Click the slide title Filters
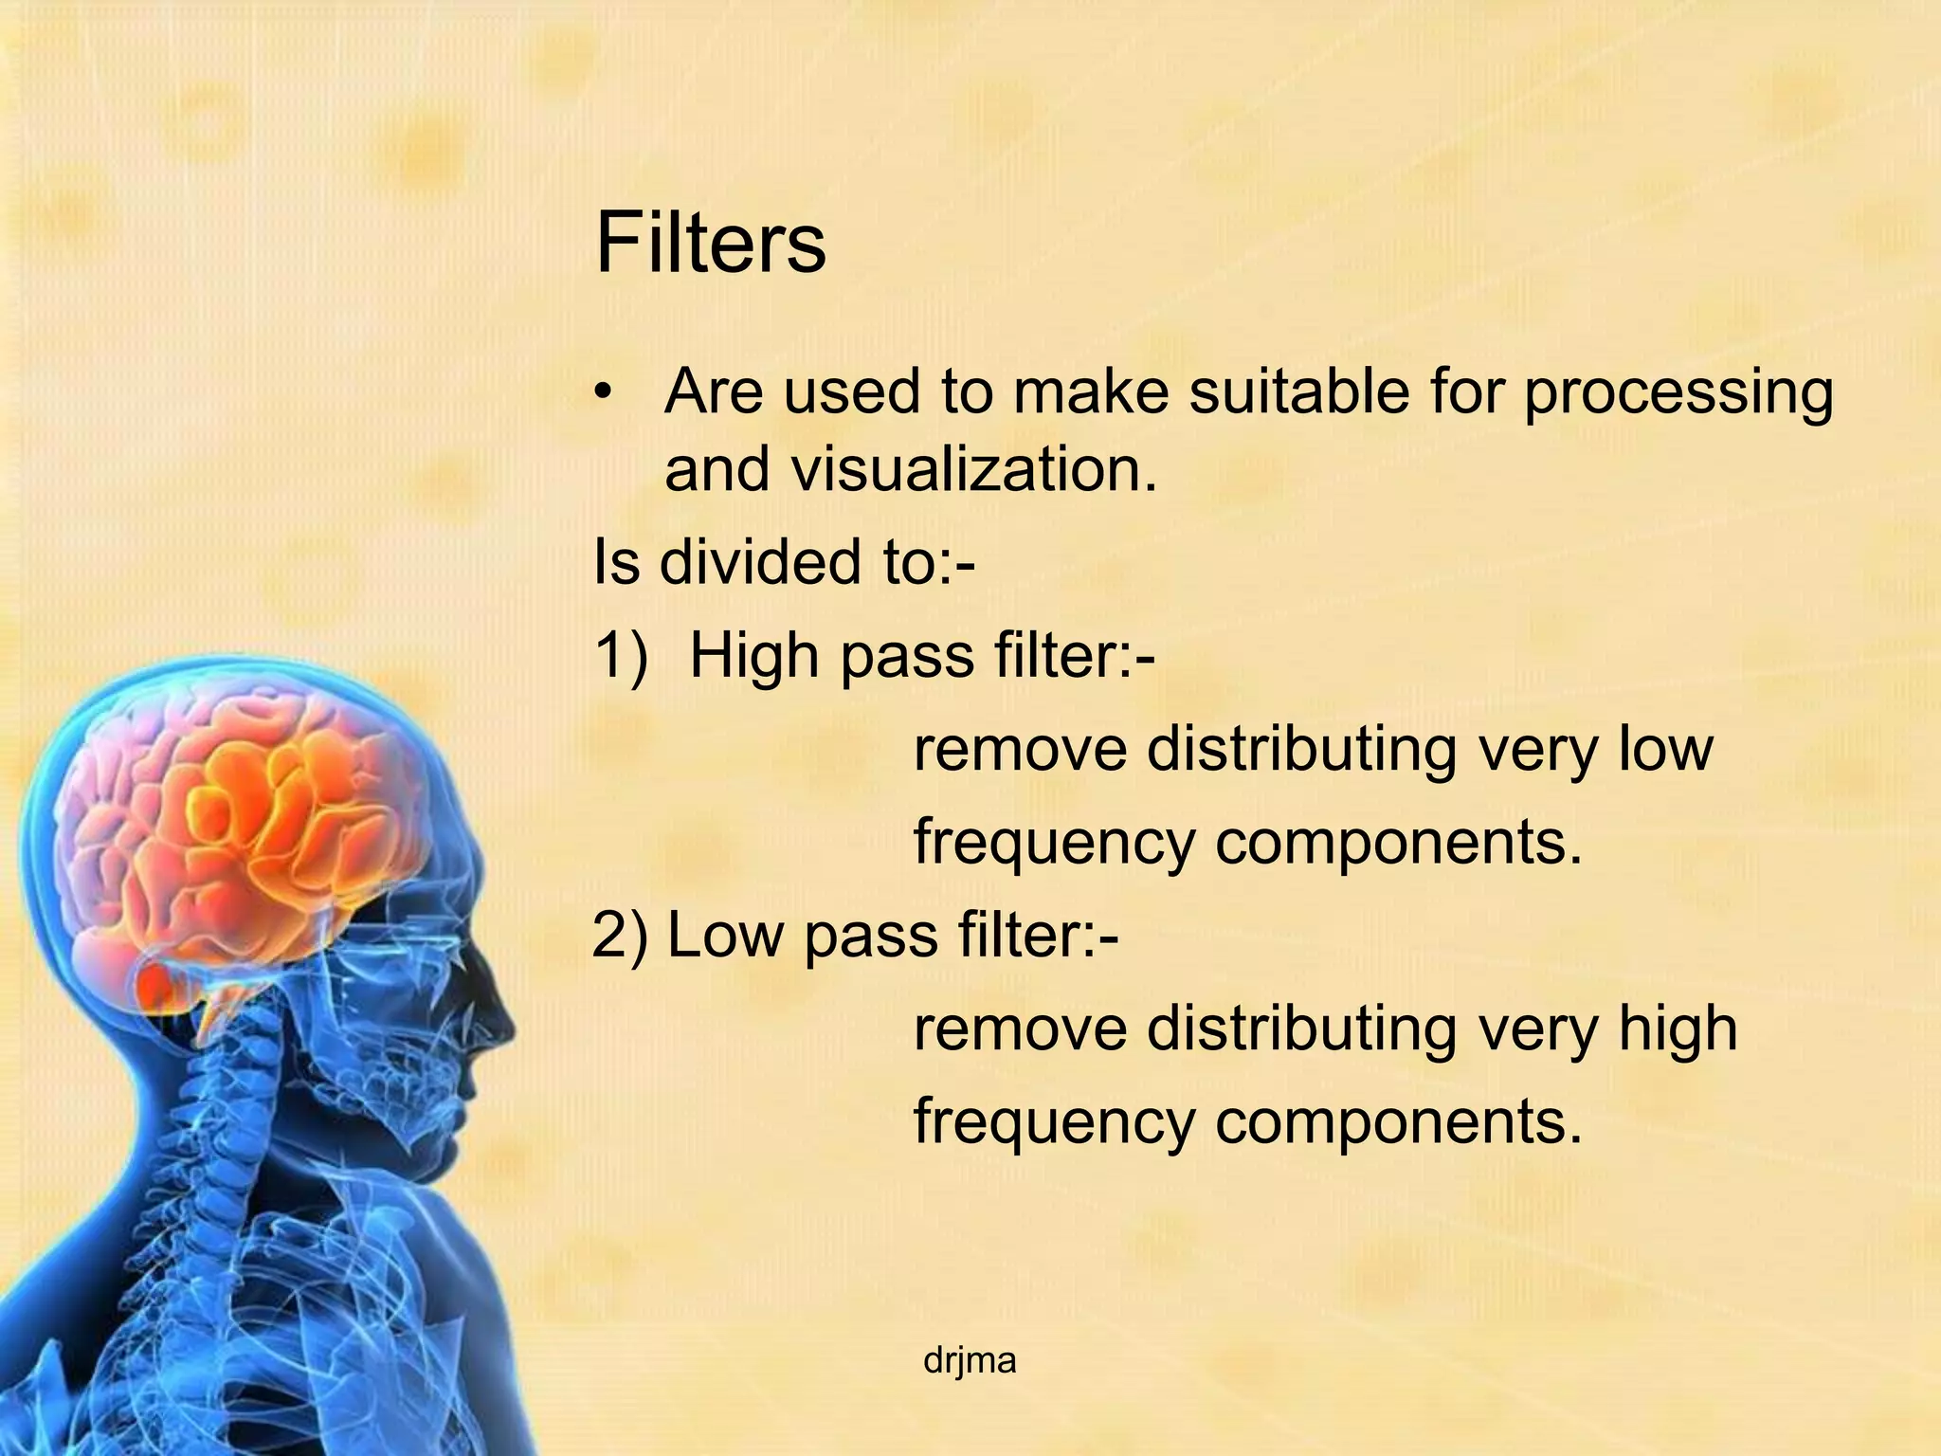(710, 244)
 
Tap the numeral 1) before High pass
(622, 655)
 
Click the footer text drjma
(969, 1361)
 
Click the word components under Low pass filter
(1399, 1121)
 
